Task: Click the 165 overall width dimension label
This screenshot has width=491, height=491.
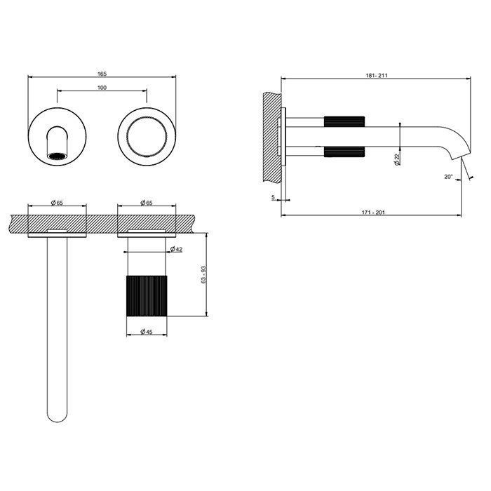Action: point(102,72)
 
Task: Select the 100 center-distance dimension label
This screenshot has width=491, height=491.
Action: point(102,87)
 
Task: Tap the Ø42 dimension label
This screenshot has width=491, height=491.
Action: point(176,250)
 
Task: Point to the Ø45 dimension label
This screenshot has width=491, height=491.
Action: point(147,331)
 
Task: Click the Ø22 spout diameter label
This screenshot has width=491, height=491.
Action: point(397,159)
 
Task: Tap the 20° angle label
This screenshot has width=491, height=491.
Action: point(448,177)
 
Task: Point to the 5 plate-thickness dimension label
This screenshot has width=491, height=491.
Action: point(272,197)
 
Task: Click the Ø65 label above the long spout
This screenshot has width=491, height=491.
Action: point(57,203)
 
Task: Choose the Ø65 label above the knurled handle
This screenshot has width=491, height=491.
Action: point(147,203)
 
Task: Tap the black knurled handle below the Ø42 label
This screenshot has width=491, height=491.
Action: point(147,297)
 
